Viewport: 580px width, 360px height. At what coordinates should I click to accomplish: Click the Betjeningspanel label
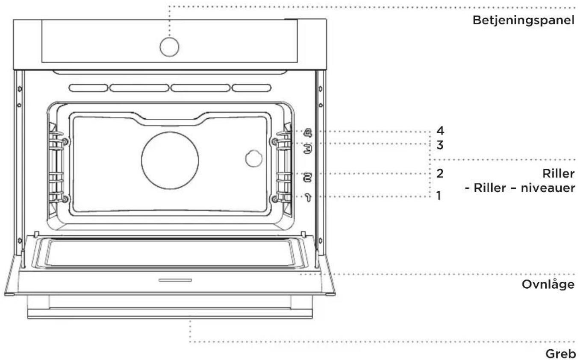(523, 20)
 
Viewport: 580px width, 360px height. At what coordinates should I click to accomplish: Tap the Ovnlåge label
(548, 284)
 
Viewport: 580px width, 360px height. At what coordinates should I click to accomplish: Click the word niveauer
(548, 188)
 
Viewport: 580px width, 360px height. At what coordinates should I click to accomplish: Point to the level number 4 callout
(440, 131)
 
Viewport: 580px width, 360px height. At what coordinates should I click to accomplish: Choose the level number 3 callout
(440, 145)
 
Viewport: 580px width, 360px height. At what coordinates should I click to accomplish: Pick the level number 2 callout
(440, 173)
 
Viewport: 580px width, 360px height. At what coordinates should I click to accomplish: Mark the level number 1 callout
(439, 196)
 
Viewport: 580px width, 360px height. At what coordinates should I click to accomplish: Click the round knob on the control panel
(169, 47)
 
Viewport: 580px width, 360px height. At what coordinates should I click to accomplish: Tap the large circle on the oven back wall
(170, 160)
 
